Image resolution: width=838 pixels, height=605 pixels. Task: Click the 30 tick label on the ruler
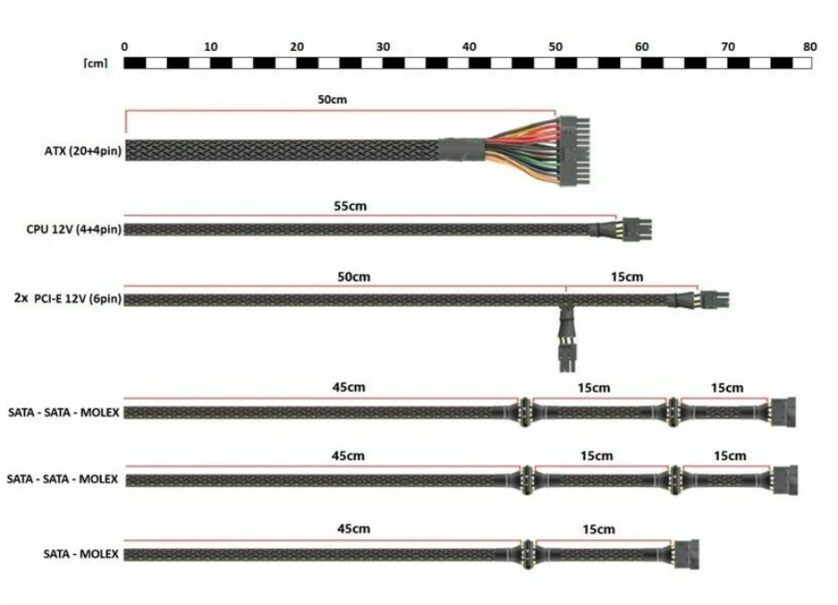point(383,47)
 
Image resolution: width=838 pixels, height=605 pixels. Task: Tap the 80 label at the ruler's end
point(809,47)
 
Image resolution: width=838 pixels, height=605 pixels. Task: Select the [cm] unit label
point(96,63)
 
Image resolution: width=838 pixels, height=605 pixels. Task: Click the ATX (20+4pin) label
point(83,151)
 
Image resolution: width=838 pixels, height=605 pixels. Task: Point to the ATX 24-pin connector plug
point(575,151)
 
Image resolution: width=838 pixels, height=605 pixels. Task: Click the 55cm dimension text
point(350,206)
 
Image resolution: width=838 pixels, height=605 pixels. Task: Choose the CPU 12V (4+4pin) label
point(74,229)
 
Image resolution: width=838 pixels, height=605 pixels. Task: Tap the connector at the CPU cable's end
point(636,229)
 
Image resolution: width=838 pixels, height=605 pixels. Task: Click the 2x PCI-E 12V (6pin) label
point(67,298)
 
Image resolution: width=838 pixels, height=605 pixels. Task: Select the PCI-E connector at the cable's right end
point(714,299)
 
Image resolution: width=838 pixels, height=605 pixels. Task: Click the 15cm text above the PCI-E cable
point(627,277)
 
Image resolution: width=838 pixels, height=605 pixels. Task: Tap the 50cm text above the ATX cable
point(332,100)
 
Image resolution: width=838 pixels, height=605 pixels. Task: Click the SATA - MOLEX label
point(81,553)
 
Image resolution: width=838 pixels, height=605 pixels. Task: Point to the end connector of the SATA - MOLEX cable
point(686,554)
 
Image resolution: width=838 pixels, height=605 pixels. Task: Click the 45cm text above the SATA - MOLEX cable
point(353,528)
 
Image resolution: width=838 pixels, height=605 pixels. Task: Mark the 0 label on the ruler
point(125,47)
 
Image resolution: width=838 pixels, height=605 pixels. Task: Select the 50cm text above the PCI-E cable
point(353,277)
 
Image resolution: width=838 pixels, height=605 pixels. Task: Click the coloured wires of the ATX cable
point(522,151)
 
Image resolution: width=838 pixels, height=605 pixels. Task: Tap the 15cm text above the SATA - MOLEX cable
point(599,529)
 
